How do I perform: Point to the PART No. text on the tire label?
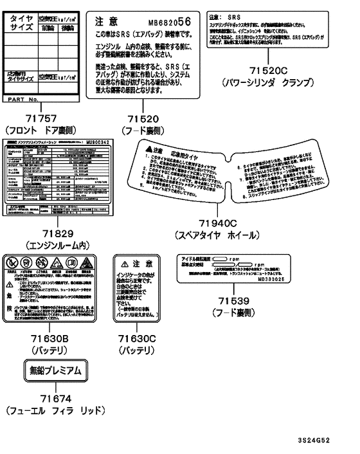point(28,100)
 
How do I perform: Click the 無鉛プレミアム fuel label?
point(46,370)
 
